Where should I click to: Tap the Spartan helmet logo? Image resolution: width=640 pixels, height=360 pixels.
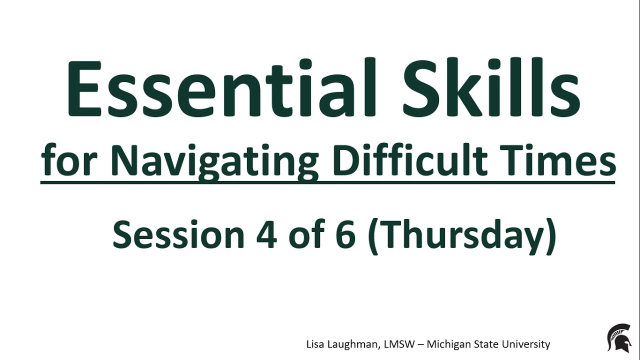pos(618,337)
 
